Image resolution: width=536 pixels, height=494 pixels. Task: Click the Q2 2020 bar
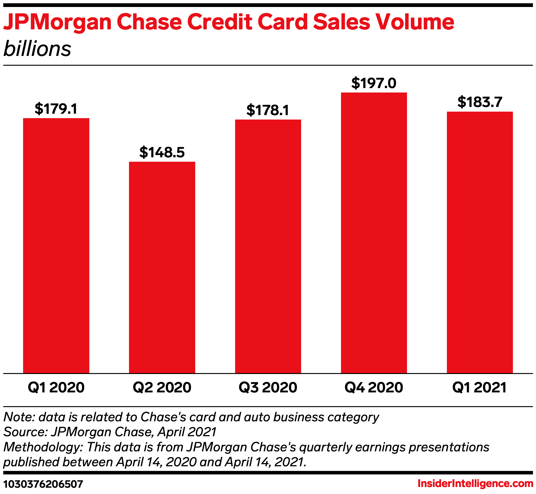(162, 267)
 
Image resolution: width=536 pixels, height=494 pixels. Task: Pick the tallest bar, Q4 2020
(374, 233)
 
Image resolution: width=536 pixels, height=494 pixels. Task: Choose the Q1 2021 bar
(480, 242)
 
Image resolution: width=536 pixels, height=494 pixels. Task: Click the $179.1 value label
(56, 109)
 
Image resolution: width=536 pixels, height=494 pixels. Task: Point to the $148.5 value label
(162, 152)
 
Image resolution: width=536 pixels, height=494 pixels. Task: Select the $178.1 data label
(268, 110)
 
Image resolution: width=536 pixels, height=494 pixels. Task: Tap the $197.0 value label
(374, 83)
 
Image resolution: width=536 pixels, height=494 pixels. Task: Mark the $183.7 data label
(480, 102)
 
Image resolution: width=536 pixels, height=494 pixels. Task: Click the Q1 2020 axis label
(56, 388)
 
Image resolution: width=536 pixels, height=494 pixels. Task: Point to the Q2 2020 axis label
(162, 388)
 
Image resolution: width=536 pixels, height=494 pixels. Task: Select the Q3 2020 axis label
(268, 388)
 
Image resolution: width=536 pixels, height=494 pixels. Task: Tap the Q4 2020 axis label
(374, 388)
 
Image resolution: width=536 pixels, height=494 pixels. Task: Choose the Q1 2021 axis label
(479, 388)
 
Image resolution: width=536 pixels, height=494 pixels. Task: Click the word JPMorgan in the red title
(57, 22)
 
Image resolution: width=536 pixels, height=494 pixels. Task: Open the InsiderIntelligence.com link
(475, 483)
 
